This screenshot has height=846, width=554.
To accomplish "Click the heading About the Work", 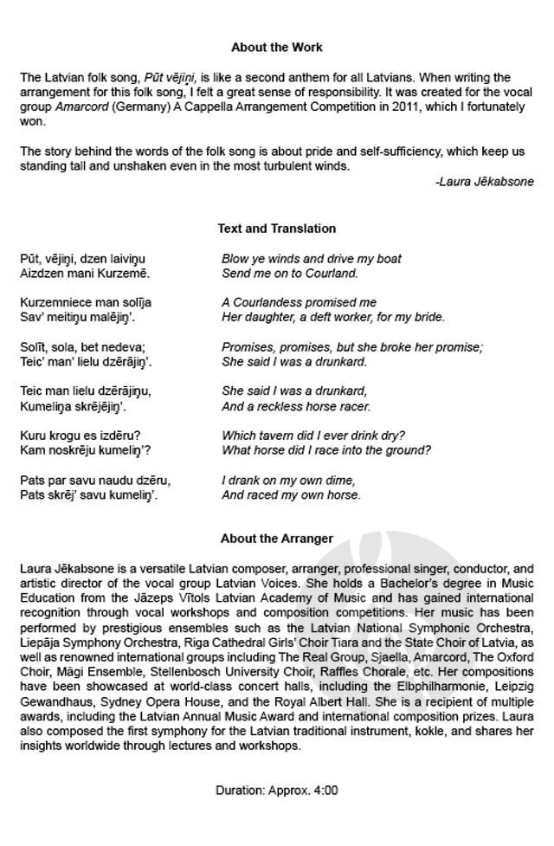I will [276, 47].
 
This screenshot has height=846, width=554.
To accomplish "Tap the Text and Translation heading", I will [276, 229].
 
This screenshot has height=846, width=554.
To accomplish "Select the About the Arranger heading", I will [276, 538].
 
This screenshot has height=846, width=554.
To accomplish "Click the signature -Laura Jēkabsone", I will [485, 181].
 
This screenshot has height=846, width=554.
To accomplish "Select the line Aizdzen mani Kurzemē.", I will [85, 274].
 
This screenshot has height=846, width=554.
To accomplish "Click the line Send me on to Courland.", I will [290, 274].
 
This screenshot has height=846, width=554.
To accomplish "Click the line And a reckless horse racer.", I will [296, 405].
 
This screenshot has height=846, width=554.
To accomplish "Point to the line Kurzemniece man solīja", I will [86, 302].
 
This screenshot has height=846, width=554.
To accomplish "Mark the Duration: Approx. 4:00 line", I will [276, 790].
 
